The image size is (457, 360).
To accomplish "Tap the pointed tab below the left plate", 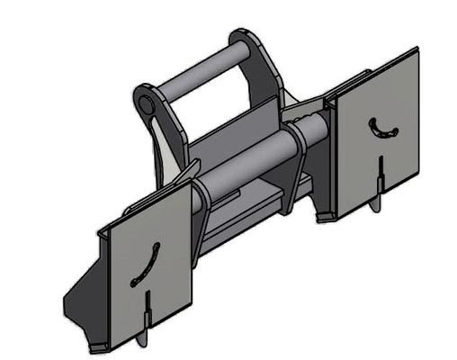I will click(x=142, y=339).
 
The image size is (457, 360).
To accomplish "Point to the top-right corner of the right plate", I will click(x=416, y=50).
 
